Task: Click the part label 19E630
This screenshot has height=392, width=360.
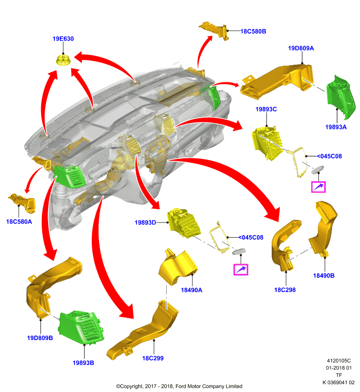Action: coord(63,39)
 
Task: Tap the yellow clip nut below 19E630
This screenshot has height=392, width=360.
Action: coord(63,60)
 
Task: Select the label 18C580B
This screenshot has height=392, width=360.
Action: coord(253,31)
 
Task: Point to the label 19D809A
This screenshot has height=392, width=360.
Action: coord(301,48)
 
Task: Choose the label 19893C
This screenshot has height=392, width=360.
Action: coord(266,109)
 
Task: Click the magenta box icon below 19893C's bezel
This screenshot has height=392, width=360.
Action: coord(318,187)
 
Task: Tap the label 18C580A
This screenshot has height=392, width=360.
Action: coord(19,222)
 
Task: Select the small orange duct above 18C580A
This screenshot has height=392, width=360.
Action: coord(22,203)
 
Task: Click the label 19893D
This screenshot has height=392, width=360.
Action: coord(145,222)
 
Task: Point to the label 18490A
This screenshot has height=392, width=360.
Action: coord(191,290)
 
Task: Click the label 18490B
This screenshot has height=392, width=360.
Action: coord(324,275)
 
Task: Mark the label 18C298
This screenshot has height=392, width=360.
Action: coord(285,290)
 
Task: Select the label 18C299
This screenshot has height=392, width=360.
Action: coord(153,358)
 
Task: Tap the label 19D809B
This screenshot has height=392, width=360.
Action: coord(40,338)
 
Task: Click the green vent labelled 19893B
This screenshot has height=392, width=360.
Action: coord(81,327)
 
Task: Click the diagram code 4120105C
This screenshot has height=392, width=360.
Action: coord(339,361)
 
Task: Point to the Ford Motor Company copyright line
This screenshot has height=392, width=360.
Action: coord(179,386)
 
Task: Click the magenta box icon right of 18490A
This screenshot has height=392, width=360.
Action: coord(241,269)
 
